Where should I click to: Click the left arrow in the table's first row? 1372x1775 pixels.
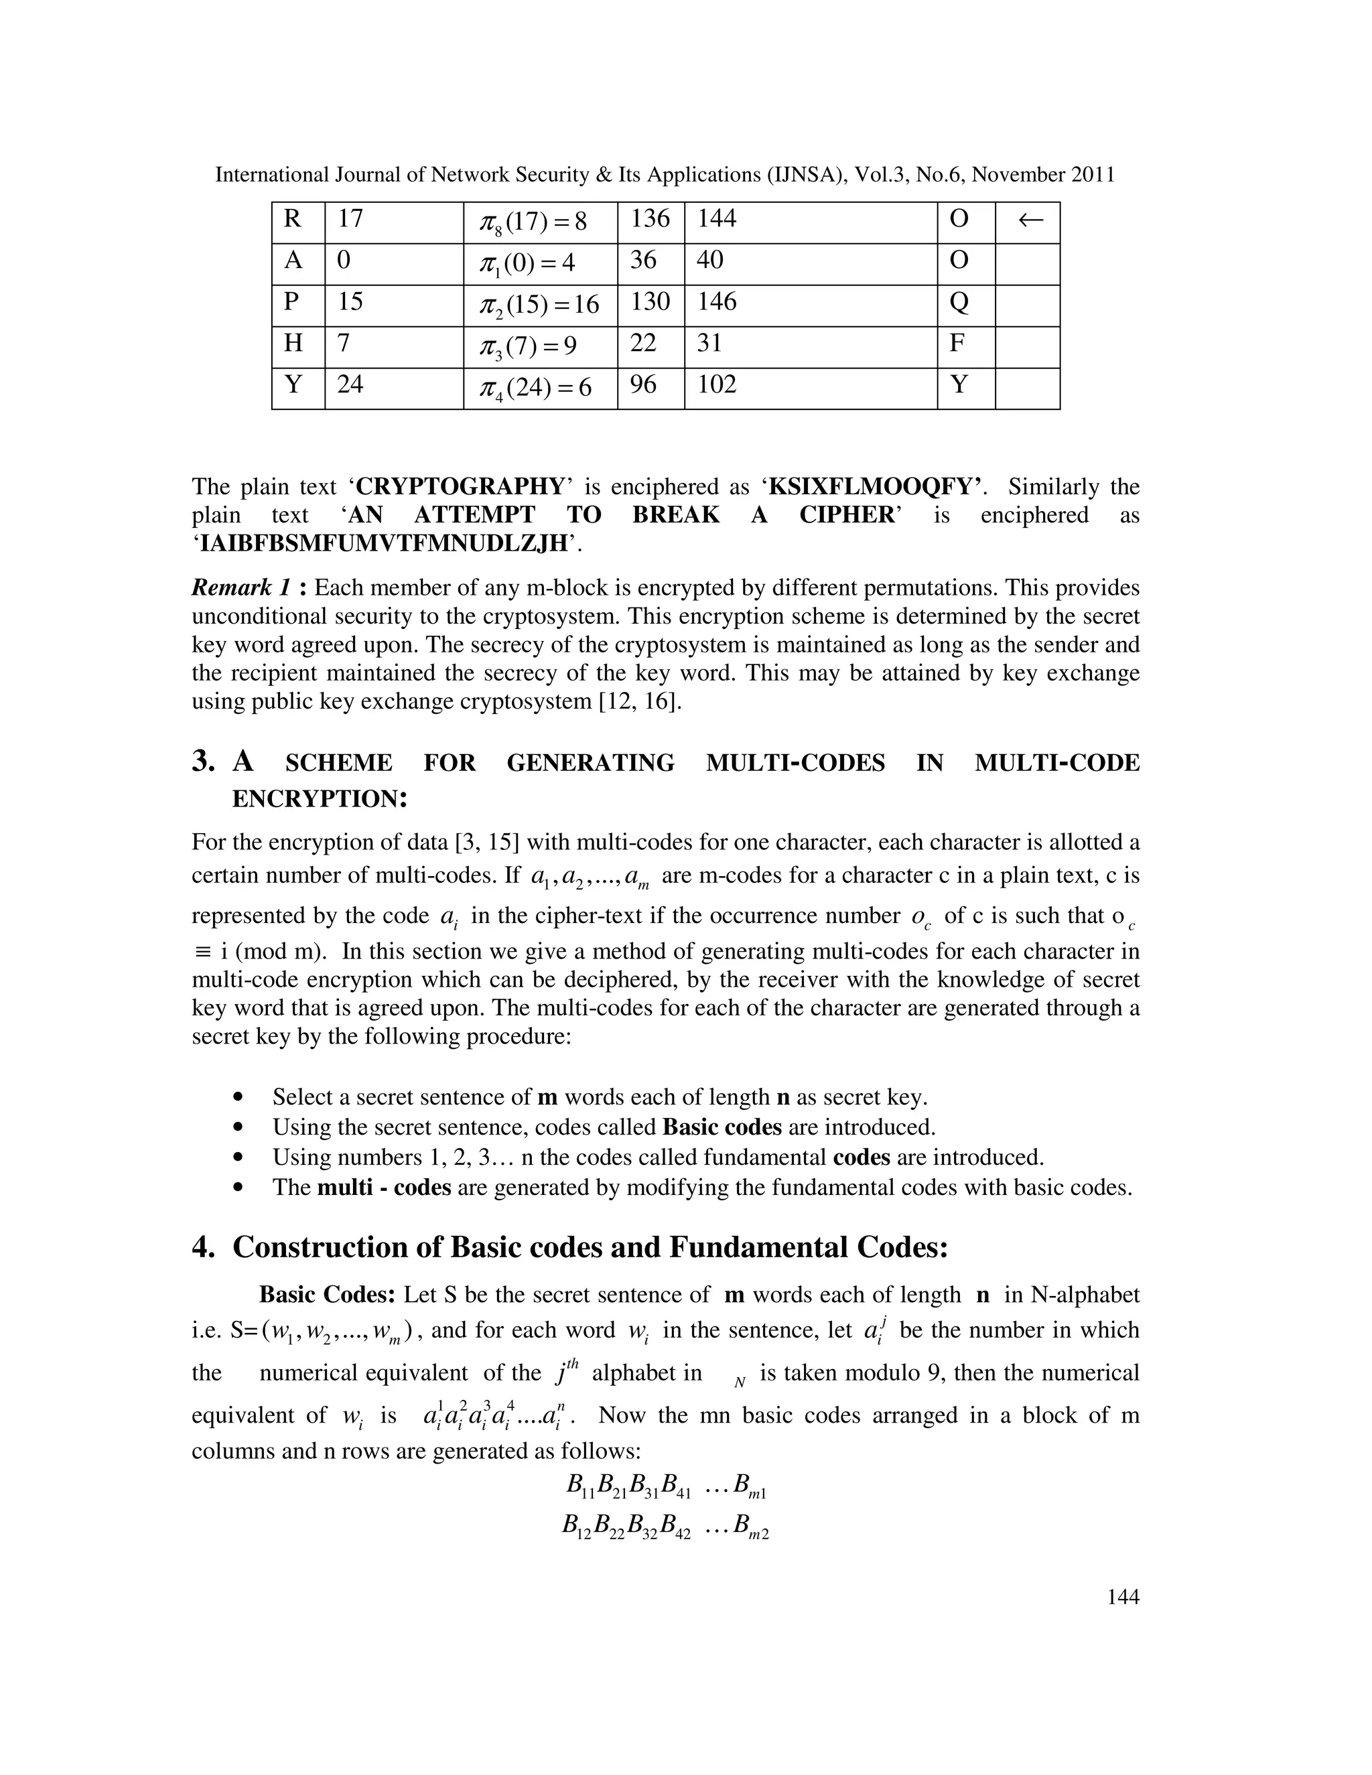[1030, 220]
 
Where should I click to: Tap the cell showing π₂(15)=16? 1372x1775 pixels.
[540, 305]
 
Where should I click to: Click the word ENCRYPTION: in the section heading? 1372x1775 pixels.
[319, 799]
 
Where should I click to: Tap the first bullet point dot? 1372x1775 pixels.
[237, 1098]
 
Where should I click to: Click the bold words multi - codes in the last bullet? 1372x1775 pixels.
[384, 1188]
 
